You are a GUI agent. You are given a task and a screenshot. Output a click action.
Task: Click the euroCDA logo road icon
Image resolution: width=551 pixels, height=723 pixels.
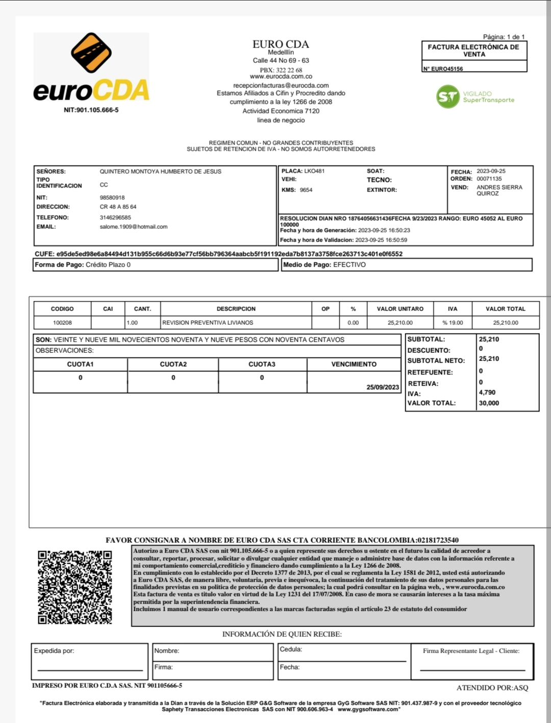[x=91, y=53]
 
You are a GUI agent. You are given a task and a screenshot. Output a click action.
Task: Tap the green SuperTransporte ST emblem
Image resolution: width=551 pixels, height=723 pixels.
[x=448, y=97]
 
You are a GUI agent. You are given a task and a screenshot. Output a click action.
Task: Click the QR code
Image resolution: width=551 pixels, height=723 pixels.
[x=75, y=587]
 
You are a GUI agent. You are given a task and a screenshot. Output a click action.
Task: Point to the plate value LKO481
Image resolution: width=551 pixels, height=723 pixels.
[x=314, y=171]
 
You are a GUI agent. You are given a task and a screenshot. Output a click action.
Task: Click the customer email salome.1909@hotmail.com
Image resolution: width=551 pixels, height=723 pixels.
[x=134, y=227]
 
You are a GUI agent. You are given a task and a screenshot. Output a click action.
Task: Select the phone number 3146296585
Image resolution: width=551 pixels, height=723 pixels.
[x=115, y=218]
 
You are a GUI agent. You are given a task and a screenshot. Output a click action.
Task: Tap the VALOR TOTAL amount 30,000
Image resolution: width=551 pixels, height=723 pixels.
[x=489, y=403]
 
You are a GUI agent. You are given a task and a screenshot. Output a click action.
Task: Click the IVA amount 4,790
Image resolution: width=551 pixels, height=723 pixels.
[x=487, y=392]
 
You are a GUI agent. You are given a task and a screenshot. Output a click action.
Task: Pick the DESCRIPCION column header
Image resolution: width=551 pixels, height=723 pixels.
[x=236, y=309]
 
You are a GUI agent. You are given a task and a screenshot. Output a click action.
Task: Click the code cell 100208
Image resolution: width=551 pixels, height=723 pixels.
[x=62, y=323]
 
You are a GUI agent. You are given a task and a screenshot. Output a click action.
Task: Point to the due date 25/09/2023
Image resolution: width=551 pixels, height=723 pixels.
[x=383, y=387]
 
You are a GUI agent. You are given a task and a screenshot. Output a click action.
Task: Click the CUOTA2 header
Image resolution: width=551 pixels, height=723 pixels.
[x=173, y=364]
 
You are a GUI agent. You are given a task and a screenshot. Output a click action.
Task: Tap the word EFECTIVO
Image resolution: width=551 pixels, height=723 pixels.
[x=349, y=264]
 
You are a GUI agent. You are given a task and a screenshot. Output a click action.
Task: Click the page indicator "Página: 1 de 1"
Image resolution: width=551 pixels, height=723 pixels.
[x=504, y=37]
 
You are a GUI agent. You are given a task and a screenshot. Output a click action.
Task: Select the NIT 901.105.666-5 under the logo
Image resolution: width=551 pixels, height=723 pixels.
[x=91, y=110]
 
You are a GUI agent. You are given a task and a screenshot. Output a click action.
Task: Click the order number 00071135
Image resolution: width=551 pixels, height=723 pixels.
[x=489, y=179]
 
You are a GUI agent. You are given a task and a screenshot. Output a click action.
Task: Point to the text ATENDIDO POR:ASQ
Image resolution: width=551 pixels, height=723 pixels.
[x=492, y=688]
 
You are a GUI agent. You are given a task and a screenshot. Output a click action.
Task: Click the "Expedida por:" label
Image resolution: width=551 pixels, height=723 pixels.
[x=54, y=650]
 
